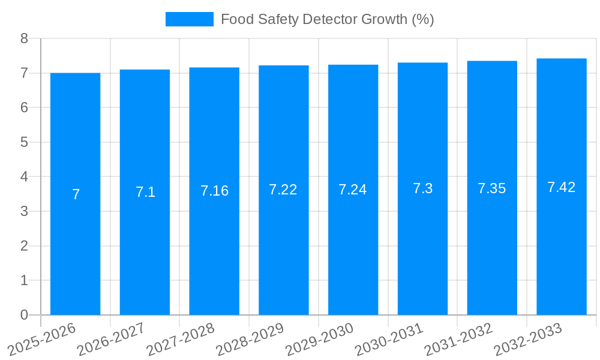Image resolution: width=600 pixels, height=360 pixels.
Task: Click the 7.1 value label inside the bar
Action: coord(145,192)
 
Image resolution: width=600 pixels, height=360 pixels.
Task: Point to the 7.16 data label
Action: coord(214,191)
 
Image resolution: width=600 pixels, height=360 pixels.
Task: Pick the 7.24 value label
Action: coord(353,190)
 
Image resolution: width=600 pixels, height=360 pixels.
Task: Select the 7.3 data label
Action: coord(422,188)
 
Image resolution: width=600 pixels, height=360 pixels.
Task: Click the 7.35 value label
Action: coord(491,188)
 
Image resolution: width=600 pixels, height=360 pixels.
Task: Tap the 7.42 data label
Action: coord(561,187)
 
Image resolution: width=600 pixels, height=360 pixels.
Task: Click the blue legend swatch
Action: coord(189,19)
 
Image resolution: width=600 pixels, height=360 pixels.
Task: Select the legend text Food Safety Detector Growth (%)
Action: coord(327,19)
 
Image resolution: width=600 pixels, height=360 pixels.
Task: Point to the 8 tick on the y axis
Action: coord(24,38)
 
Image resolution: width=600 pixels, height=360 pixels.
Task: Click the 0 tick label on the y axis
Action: coord(24,315)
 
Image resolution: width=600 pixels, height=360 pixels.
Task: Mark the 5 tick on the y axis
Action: coord(24,142)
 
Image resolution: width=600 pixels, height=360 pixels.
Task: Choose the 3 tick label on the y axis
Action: coord(24,211)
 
